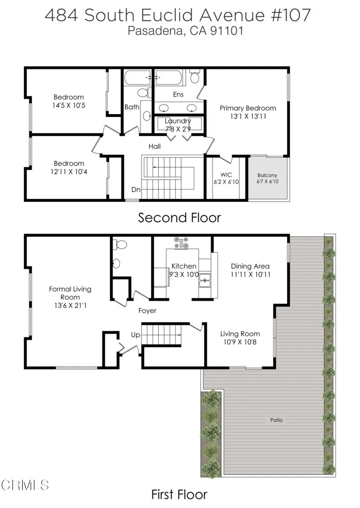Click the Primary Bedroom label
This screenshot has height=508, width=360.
click(x=248, y=108)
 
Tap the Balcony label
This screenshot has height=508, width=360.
click(x=268, y=176)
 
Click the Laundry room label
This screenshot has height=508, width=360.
click(x=178, y=121)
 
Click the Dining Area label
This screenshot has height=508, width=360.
click(x=250, y=266)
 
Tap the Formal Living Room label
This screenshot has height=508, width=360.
click(x=70, y=293)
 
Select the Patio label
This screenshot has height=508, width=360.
click(x=277, y=420)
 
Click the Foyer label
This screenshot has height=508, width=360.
click(x=147, y=311)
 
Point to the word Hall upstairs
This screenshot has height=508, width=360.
click(x=155, y=147)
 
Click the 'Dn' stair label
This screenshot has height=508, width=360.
click(x=136, y=190)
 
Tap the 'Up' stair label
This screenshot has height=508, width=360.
click(x=136, y=335)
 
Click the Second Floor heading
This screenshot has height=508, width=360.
click(x=179, y=218)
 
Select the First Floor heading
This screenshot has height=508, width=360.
click(x=179, y=495)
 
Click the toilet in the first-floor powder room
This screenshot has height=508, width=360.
click(x=120, y=245)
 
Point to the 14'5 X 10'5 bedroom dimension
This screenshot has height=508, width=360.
click(x=69, y=106)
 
